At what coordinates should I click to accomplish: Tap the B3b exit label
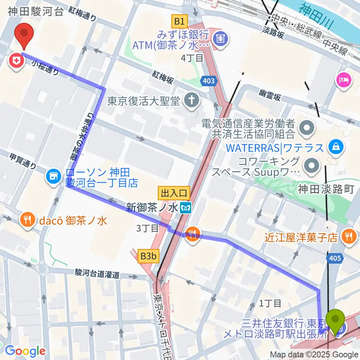[x=148, y=256]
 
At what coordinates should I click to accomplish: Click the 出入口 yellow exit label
[x=174, y=193]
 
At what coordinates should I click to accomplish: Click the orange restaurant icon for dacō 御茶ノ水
[x=28, y=219]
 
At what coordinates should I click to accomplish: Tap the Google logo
[x=25, y=351]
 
